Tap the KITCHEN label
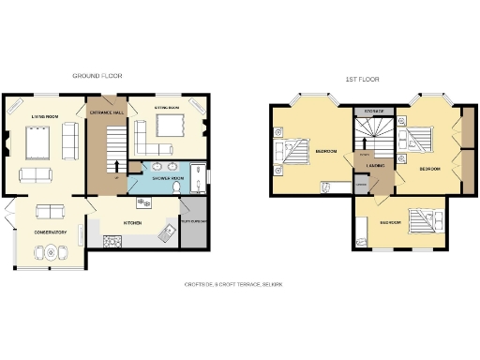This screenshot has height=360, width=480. [x=133, y=222]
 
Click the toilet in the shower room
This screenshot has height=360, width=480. [x=176, y=187]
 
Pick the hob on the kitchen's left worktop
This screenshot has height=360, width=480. [x=113, y=242]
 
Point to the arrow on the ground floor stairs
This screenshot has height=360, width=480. [x=116, y=168]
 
